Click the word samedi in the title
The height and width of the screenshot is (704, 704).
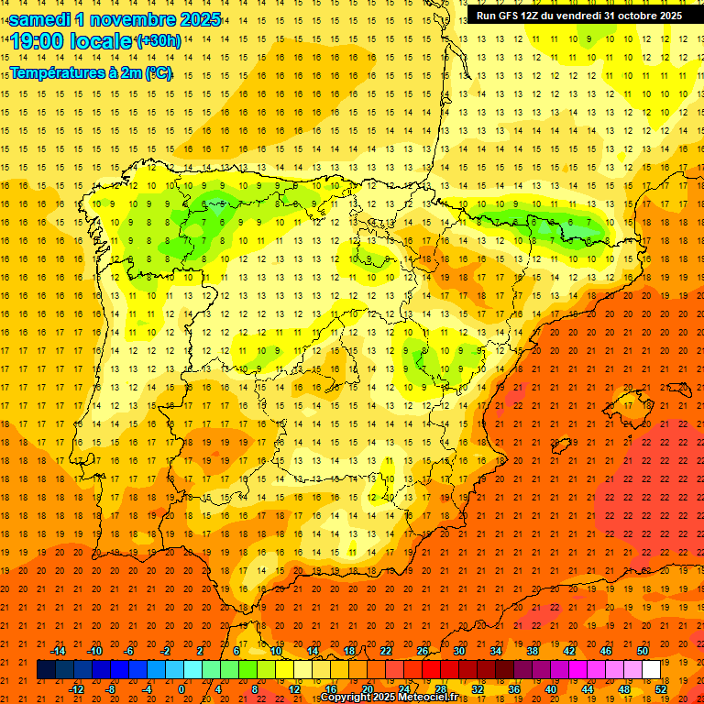(x=43, y=19)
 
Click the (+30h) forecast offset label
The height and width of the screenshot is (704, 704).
(x=159, y=41)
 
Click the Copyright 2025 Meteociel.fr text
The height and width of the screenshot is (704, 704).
(x=389, y=698)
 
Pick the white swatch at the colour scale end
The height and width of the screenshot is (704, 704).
(x=651, y=670)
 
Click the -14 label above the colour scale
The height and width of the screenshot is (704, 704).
(x=58, y=651)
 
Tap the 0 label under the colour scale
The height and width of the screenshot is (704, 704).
(x=181, y=689)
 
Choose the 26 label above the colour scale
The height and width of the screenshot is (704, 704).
(x=423, y=651)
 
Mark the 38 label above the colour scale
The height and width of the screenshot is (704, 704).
(x=533, y=651)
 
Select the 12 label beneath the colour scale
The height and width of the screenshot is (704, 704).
(x=294, y=689)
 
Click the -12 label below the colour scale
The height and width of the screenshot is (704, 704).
(x=76, y=689)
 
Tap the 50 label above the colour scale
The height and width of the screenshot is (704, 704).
(x=643, y=651)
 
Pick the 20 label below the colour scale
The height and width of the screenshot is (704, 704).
(x=368, y=689)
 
